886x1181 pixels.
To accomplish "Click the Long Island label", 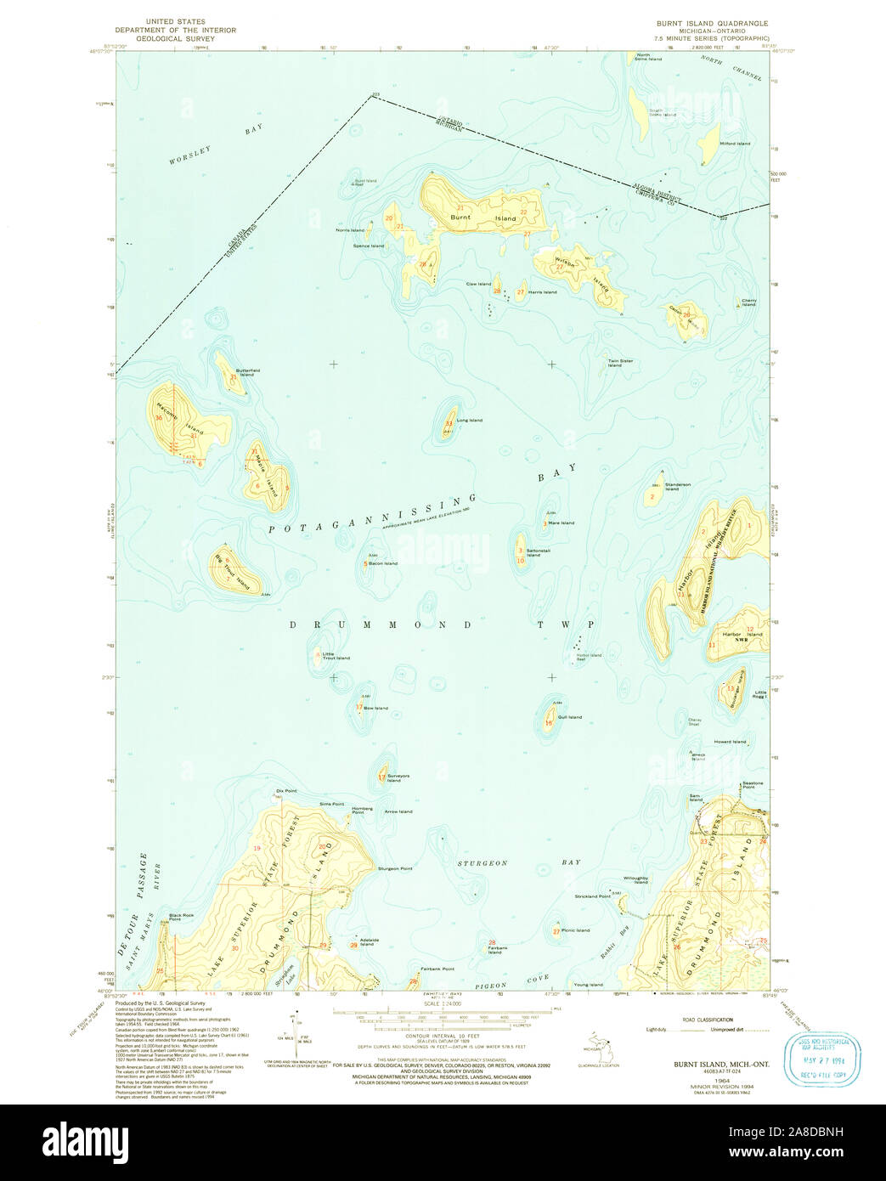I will click(469, 421).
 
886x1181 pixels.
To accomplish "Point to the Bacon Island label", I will click(383, 563).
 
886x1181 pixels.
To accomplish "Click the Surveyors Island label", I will click(398, 777).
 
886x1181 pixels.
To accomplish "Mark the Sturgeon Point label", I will click(395, 868).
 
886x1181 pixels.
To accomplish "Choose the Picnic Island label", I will click(576, 930).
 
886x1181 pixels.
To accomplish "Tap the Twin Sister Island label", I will click(620, 363).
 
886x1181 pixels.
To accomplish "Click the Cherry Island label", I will click(748, 302).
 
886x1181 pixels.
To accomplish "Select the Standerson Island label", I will click(677, 487).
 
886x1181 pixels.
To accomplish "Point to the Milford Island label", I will click(735, 144).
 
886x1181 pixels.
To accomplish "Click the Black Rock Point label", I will click(181, 917).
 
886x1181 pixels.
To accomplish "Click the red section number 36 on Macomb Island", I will click(159, 418).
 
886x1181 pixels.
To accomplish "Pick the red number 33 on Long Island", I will click(449, 423).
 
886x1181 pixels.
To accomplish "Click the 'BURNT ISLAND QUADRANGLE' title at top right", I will click(706, 24).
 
